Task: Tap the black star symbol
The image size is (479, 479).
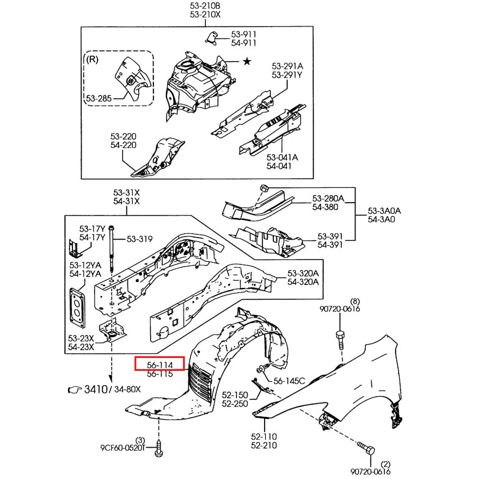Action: point(247,61)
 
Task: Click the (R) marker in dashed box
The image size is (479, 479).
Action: point(92,60)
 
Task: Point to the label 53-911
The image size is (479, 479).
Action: point(244,34)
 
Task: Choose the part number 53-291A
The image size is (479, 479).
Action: point(288,66)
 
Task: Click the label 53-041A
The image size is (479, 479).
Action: point(282,157)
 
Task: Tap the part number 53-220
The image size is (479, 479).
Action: point(123,136)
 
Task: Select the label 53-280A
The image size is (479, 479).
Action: point(329,198)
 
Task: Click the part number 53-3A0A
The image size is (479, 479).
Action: point(384,210)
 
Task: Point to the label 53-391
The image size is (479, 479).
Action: point(330,236)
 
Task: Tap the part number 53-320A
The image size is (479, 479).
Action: point(303,273)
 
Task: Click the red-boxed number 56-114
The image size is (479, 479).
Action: point(160,365)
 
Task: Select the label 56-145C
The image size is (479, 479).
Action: point(289,381)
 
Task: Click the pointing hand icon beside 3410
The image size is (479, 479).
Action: point(75,389)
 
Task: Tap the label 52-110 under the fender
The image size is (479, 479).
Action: point(264,437)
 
